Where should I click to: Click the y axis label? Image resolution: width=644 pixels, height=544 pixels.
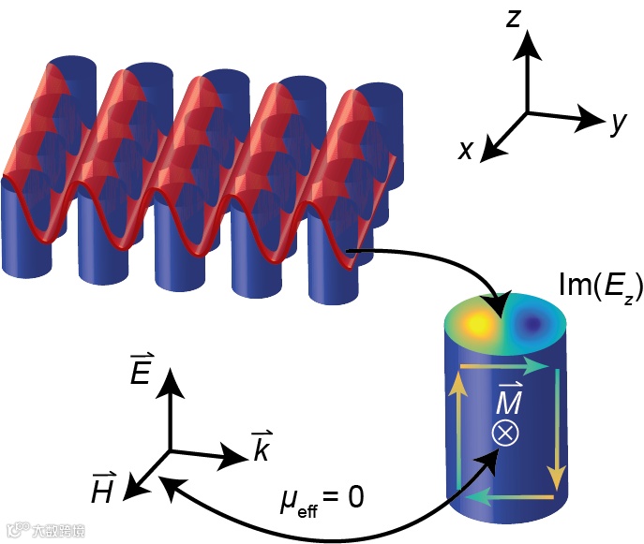(617, 122)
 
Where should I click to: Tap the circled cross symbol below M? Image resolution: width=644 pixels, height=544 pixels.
(505, 433)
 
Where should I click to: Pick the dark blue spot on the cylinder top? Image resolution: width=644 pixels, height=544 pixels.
(535, 324)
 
